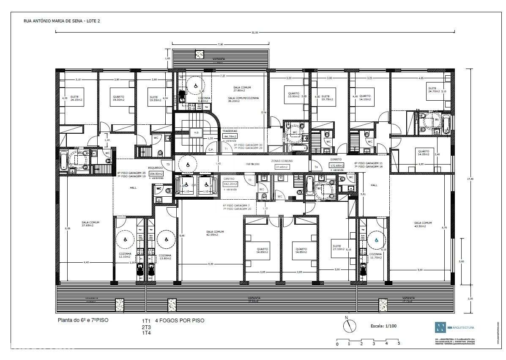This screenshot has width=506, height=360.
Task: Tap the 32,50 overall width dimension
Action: [254, 33]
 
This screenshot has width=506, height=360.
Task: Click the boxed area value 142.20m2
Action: [230, 184]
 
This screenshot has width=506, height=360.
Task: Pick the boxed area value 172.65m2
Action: [336, 165]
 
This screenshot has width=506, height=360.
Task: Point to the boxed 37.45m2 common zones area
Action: [282, 167]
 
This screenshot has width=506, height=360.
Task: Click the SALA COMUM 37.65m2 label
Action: [88, 224]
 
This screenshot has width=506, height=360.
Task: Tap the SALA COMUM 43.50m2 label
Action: [423, 225]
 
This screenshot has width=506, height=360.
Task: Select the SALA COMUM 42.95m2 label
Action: [215, 233]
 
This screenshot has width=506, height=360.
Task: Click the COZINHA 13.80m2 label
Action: [164, 257]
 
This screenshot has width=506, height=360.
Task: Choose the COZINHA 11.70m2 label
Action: [375, 256]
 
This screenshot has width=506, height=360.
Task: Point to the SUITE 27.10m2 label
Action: [338, 247]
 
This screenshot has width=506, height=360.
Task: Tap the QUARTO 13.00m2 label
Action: [293, 95]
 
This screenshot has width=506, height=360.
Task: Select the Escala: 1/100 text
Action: [384, 326]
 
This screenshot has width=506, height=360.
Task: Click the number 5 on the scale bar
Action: [399, 344]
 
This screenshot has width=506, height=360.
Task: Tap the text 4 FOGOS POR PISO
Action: [180, 321]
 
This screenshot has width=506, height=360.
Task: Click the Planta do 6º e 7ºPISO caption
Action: [83, 320]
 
